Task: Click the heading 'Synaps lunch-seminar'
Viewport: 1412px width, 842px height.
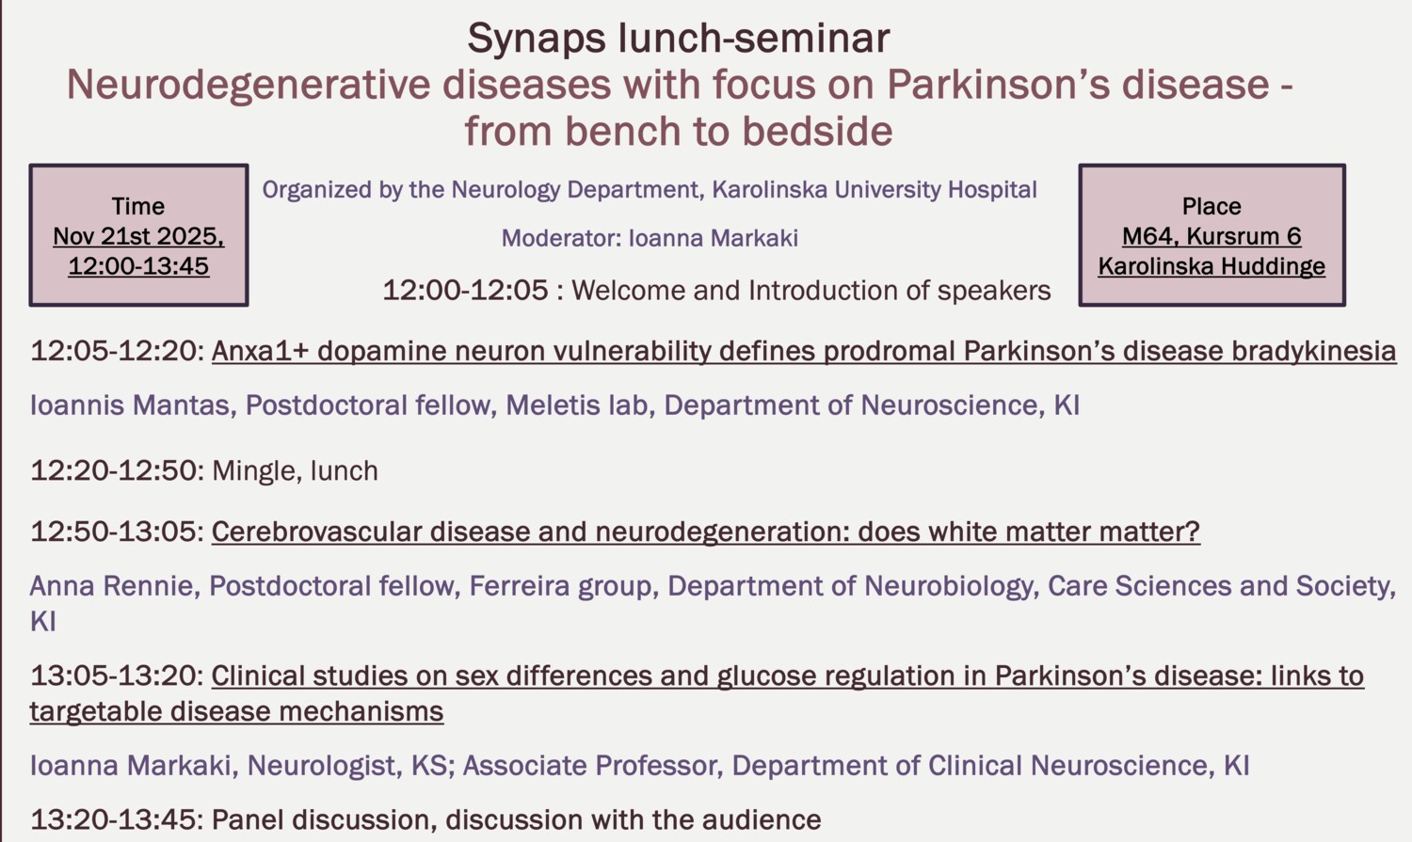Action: (x=678, y=39)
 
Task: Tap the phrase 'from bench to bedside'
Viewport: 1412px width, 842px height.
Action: (x=678, y=131)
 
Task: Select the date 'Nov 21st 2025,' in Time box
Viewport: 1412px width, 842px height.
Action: (x=138, y=236)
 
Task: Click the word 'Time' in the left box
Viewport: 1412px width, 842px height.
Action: (x=138, y=206)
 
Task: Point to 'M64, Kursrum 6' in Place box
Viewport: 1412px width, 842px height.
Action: (x=1211, y=236)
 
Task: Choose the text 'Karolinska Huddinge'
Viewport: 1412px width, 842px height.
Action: (x=1211, y=266)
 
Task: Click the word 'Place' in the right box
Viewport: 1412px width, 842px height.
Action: (x=1211, y=206)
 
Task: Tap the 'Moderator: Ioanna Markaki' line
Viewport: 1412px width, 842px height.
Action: (x=650, y=238)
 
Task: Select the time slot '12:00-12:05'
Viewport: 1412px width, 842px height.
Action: (x=465, y=290)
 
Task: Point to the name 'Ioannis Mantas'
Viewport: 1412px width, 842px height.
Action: (x=130, y=405)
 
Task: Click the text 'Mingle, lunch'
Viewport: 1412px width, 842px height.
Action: (x=295, y=470)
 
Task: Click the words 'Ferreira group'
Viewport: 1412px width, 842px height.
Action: (x=560, y=586)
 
